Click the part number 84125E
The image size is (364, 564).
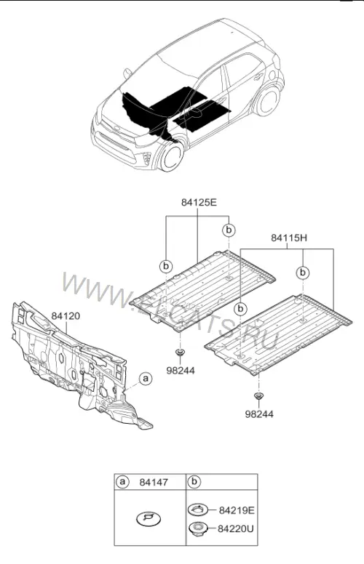pyautogui.click(x=199, y=202)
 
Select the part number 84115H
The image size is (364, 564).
pyautogui.click(x=289, y=238)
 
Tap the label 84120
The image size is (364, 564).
pyautogui.click(x=66, y=316)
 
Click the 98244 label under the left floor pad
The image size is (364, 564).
pyautogui.click(x=181, y=370)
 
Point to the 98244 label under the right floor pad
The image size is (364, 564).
pyautogui.click(x=259, y=414)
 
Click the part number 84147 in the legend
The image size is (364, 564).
pyautogui.click(x=154, y=482)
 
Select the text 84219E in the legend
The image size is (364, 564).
pyautogui.click(x=237, y=510)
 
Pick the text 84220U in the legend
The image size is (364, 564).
pyautogui.click(x=235, y=528)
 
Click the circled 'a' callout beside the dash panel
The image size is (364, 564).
pyautogui.click(x=146, y=379)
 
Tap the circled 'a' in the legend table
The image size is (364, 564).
pyautogui.click(x=122, y=482)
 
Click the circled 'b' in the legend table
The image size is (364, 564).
pyautogui.click(x=194, y=482)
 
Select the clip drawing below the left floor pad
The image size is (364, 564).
pyautogui.click(x=180, y=352)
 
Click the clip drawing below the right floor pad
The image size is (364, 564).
pyautogui.click(x=258, y=396)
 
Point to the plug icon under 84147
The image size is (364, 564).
pyautogui.click(x=149, y=518)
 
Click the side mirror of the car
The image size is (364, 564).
pyautogui.click(x=127, y=73)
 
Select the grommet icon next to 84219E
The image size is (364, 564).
pyautogui.click(x=198, y=509)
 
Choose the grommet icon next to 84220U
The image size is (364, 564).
pyautogui.click(x=198, y=528)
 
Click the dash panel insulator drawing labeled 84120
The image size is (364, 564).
pyautogui.click(x=77, y=367)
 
